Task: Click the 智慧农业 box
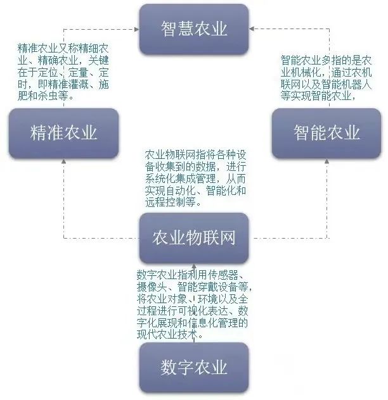(194, 29)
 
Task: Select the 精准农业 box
(63, 133)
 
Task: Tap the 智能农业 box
(327, 133)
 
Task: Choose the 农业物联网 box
(194, 238)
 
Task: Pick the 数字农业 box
(194, 367)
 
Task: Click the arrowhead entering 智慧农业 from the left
(137, 29)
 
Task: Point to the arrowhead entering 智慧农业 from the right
(252, 28)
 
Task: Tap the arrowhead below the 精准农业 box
(64, 161)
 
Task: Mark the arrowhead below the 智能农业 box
(327, 161)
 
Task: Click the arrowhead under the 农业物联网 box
(194, 266)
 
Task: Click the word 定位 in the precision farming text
(48, 72)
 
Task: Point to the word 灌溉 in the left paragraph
(78, 84)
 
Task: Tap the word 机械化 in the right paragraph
(306, 72)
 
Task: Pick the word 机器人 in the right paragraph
(356, 84)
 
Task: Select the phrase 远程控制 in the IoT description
(165, 203)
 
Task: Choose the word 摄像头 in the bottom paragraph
(152, 287)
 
